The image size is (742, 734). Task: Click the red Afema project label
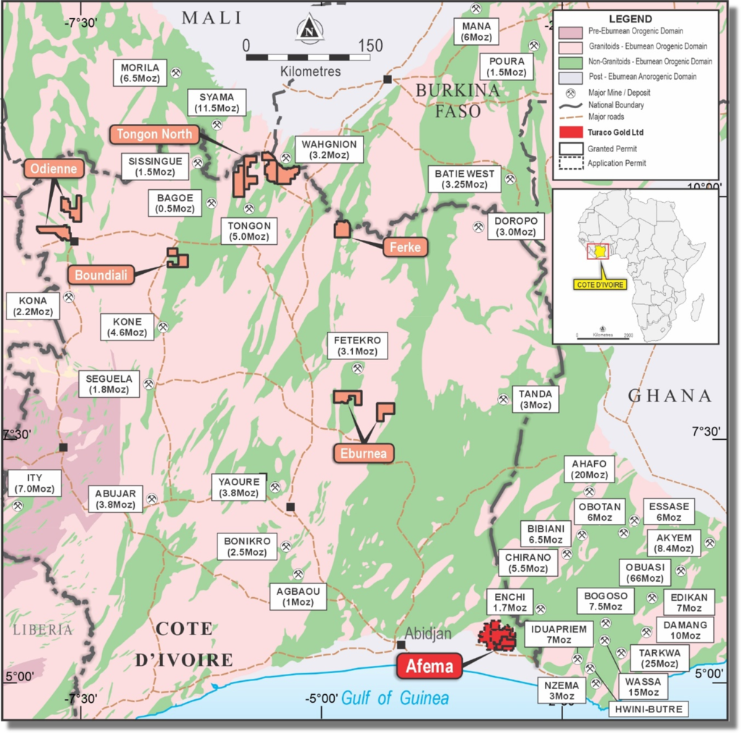[429, 666]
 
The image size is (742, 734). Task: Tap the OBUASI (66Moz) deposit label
[641, 572]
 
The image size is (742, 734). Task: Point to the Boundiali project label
[101, 275]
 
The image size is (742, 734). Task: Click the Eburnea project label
[364, 454]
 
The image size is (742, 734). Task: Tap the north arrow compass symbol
[309, 29]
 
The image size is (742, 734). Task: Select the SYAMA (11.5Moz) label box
[217, 102]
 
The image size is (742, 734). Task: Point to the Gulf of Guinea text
[395, 698]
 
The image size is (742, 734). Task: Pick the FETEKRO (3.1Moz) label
[357, 345]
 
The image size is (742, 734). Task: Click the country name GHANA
[670, 396]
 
